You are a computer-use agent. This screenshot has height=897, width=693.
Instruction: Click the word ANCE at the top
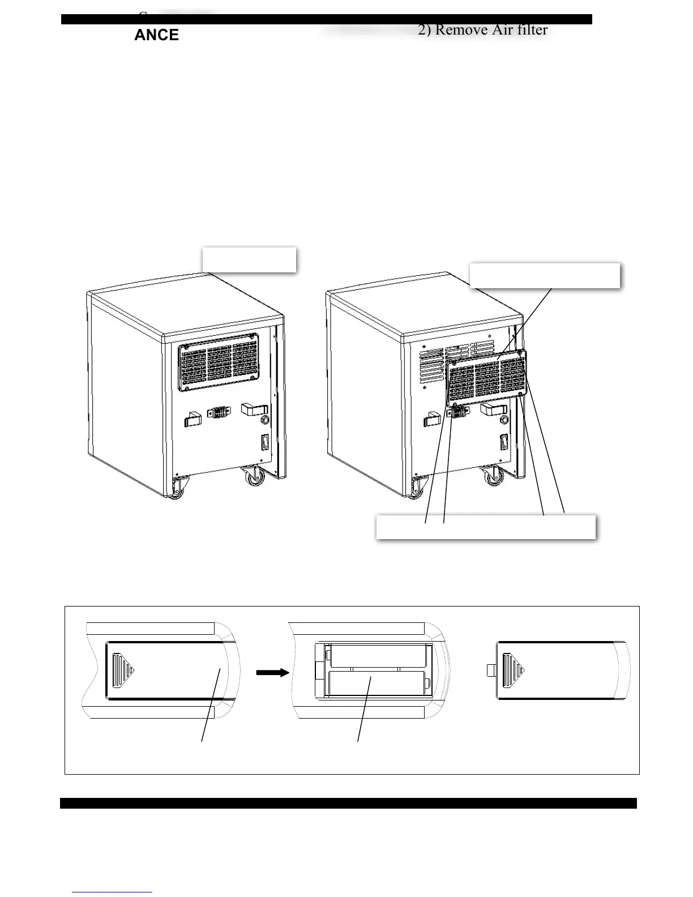click(156, 35)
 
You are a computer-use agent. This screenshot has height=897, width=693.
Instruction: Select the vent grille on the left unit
click(220, 361)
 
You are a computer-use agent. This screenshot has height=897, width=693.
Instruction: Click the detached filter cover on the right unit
click(487, 378)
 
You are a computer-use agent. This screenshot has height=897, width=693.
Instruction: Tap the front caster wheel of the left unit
click(177, 488)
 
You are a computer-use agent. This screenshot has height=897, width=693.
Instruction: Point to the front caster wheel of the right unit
click(417, 487)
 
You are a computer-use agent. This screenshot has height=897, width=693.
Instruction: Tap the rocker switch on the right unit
click(504, 442)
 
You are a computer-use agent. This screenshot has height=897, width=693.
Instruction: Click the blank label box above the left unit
click(249, 259)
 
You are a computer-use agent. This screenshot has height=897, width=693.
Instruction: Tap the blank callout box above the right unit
click(545, 275)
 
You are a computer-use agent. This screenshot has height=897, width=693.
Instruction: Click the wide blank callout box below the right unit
click(485, 527)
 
